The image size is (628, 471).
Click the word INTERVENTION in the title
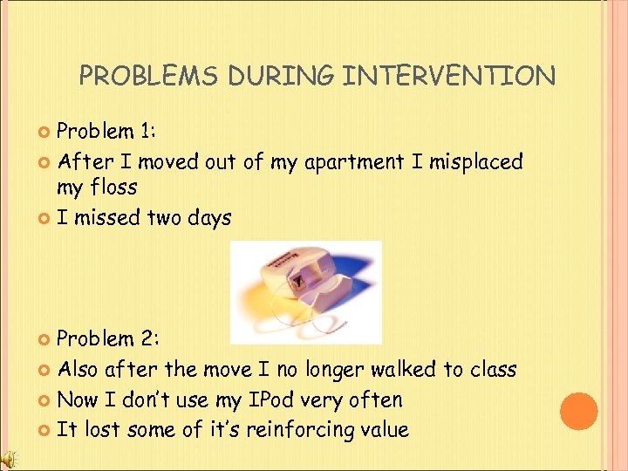(449, 77)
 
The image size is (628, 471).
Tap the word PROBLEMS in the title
(149, 77)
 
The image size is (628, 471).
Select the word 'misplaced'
(475, 161)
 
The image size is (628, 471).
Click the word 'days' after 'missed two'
(208, 217)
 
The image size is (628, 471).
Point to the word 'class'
(493, 369)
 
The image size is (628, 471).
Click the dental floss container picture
(304, 291)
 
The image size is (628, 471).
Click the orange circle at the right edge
(579, 411)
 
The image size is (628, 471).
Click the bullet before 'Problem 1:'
(46, 132)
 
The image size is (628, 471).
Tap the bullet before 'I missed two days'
(46, 218)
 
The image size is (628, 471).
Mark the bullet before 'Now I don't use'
(46, 401)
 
